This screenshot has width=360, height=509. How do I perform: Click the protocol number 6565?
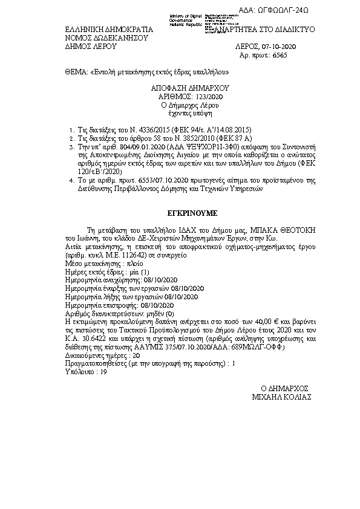277,54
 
